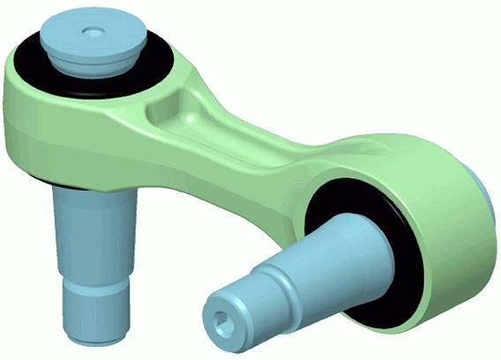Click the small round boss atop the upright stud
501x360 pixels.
tap(91, 32)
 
